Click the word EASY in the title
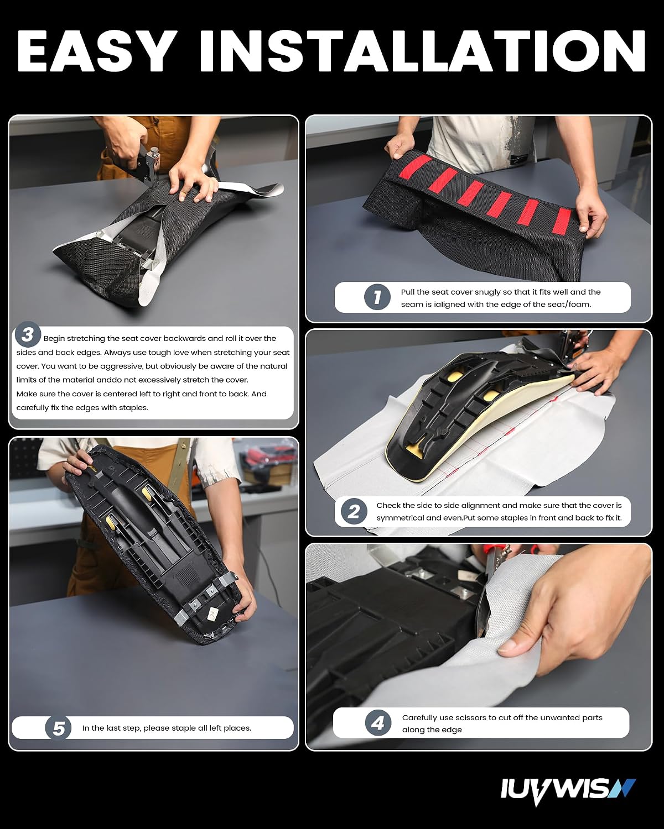coord(97,51)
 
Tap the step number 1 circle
coord(377,297)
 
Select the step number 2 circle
coord(354,511)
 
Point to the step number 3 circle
coord(28,334)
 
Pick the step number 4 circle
coord(378,723)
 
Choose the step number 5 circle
coord(58,728)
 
